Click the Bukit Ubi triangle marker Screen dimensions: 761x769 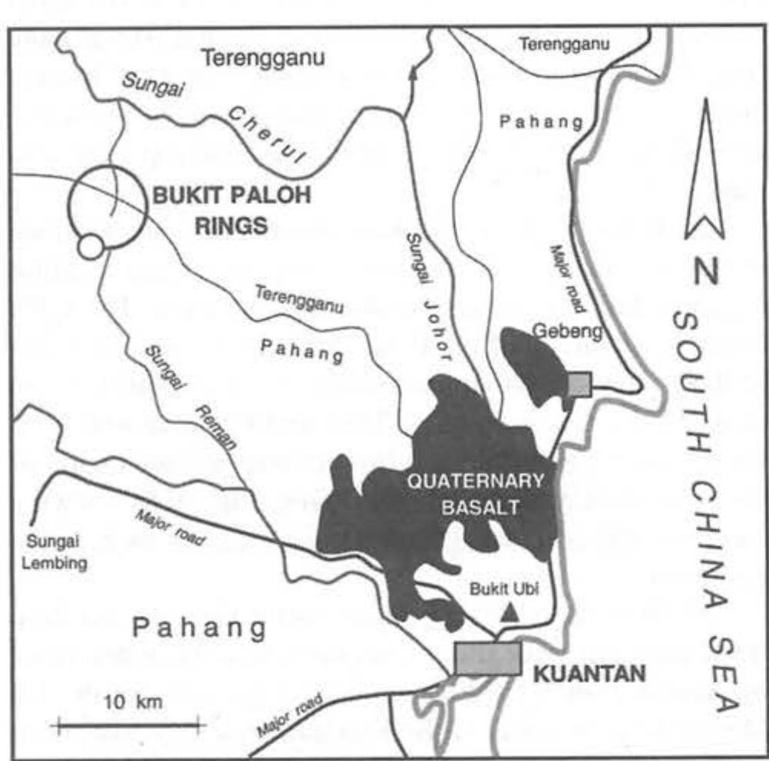(508, 612)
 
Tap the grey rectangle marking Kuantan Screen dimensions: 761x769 (487, 659)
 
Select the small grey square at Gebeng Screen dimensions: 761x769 (579, 384)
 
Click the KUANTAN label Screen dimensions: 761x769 (589, 675)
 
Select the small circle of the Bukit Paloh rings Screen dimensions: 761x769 (91, 247)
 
